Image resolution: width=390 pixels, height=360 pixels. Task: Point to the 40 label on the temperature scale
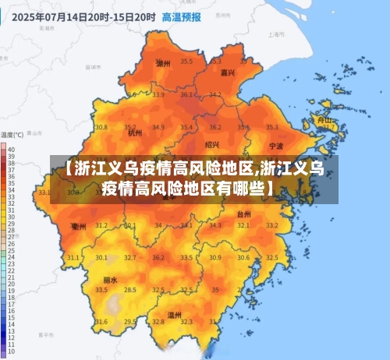click(10, 148)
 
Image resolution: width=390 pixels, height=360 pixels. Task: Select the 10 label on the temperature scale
click(10, 351)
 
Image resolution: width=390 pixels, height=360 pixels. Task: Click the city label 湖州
click(163, 63)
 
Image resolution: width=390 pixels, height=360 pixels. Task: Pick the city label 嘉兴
click(228, 72)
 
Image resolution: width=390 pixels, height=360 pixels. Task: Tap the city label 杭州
click(134, 133)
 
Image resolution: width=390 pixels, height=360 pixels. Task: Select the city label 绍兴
click(212, 144)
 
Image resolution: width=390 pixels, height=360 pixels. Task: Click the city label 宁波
click(276, 146)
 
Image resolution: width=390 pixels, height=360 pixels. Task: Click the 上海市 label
click(274, 35)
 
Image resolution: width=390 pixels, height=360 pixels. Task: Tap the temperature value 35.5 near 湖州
click(186, 61)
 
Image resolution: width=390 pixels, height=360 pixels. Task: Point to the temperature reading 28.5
click(129, 290)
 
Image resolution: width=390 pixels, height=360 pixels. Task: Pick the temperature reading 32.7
click(129, 257)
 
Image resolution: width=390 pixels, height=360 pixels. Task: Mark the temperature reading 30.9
click(214, 257)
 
